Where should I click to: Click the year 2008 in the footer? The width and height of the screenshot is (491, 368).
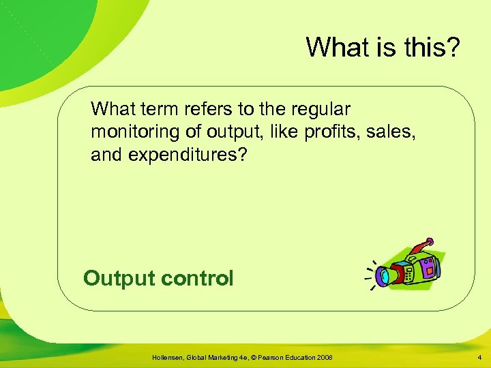pos(324,358)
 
